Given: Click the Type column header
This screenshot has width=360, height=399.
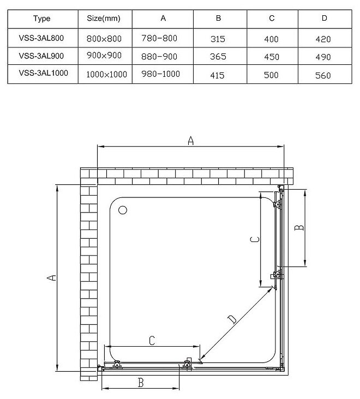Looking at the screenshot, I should coord(41,19).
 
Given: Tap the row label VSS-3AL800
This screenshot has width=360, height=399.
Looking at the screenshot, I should coord(41,39).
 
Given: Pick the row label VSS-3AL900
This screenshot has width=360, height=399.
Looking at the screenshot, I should coord(41,56).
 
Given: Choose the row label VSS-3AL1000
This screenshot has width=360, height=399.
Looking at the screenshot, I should coord(43,74).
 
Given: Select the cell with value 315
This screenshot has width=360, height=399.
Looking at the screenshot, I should coord(218,39).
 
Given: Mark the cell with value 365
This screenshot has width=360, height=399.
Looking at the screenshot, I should coord(218,57).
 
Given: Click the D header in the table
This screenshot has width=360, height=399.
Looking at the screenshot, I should coord(324,19).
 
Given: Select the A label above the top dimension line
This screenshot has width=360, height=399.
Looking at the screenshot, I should coord(190,141).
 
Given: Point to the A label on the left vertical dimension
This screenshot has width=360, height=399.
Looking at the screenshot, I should coord(51,278).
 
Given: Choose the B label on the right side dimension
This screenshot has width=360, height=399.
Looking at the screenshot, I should coord(298,227).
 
